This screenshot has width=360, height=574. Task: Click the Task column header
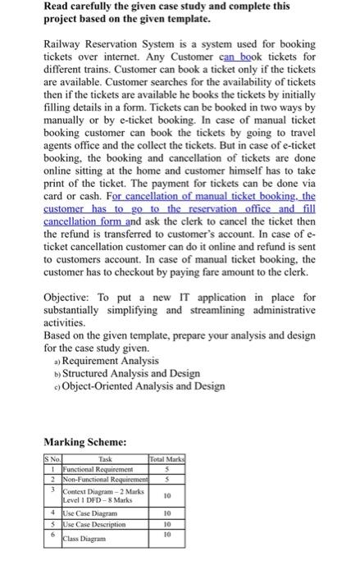pos(105,459)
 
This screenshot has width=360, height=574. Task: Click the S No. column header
pos(53,459)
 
